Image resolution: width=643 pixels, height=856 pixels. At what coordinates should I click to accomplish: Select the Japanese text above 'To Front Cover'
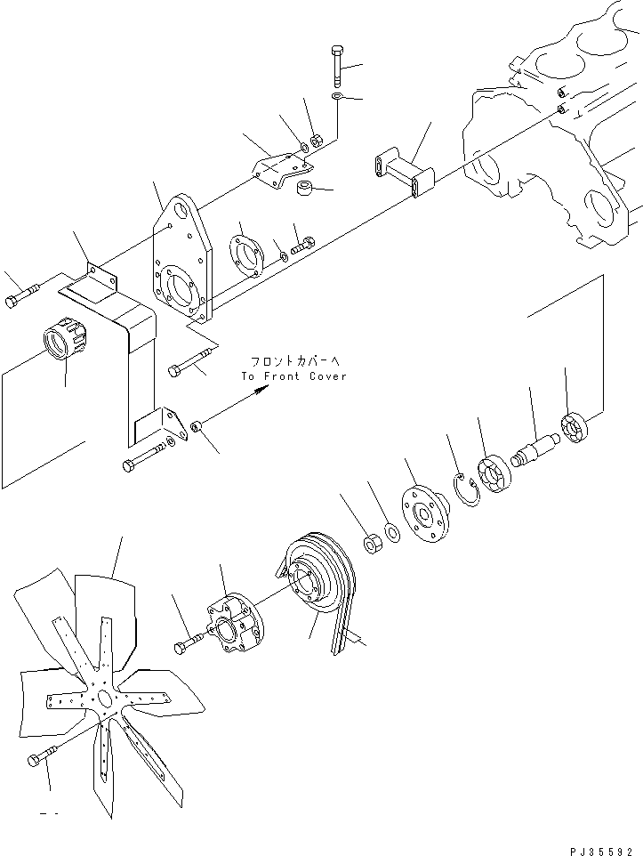pos(293,361)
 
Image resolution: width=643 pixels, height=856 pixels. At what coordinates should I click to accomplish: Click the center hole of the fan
pos(106,699)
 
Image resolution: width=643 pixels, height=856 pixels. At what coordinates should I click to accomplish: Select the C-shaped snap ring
pos(466,490)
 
